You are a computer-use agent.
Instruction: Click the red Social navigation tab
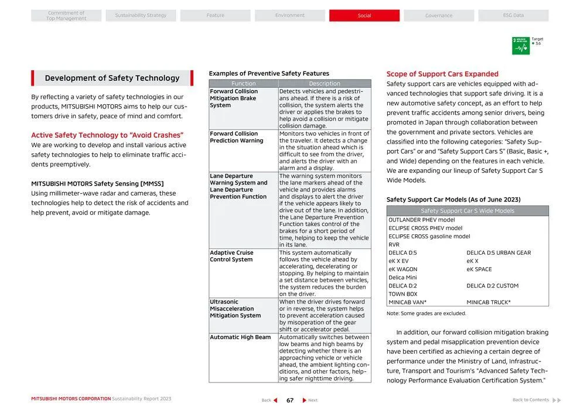[364, 16]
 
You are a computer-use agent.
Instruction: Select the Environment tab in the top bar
[289, 16]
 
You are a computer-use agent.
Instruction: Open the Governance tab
[438, 16]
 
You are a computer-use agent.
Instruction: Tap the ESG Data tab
[513, 16]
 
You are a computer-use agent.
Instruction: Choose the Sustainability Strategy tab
[141, 16]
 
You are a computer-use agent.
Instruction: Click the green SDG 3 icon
[520, 46]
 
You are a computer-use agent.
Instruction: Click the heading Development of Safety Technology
[112, 78]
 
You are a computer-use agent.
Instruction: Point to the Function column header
[243, 84]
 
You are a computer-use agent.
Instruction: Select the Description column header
[324, 84]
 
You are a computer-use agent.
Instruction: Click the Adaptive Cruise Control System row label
[231, 257]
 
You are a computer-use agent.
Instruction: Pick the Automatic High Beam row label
[240, 337]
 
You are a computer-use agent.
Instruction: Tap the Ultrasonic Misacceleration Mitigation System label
[235, 309]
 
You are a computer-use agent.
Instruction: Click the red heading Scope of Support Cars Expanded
[442, 74]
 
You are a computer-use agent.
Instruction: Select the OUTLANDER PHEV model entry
[421, 220]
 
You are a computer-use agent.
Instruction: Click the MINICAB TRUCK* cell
[489, 302]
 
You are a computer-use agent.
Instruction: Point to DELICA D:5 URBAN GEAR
[499, 253]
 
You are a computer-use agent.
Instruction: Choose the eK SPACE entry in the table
[479, 269]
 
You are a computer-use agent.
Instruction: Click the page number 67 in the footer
[289, 401]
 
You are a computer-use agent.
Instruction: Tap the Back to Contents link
[531, 400]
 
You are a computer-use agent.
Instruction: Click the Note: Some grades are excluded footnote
[426, 313]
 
